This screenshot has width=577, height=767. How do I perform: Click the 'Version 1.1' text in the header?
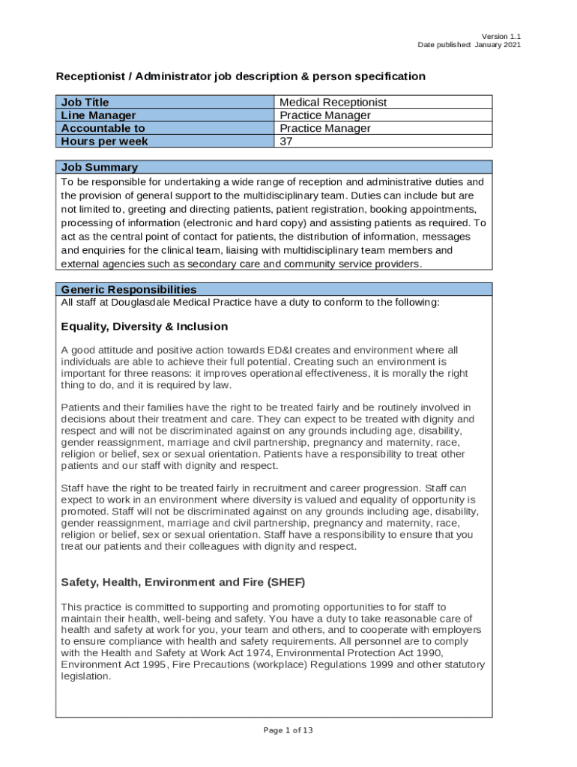pos(501,36)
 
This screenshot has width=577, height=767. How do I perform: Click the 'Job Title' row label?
pos(85,102)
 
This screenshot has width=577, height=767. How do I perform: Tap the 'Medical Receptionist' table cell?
pos(333,102)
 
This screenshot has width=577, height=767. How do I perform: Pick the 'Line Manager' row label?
pos(98,115)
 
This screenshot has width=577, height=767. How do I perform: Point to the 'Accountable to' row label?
pos(103,128)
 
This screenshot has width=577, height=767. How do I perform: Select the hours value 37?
pos(286,142)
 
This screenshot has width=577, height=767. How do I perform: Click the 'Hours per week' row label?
pos(104,142)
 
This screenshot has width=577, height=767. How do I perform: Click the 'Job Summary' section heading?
pos(99,167)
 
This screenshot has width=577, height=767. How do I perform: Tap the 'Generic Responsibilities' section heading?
pos(129,290)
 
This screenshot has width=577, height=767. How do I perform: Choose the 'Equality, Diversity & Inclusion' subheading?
pos(144,327)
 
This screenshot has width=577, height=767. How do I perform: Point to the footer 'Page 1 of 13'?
pos(288,730)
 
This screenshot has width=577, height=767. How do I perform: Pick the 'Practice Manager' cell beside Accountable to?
pos(324,128)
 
